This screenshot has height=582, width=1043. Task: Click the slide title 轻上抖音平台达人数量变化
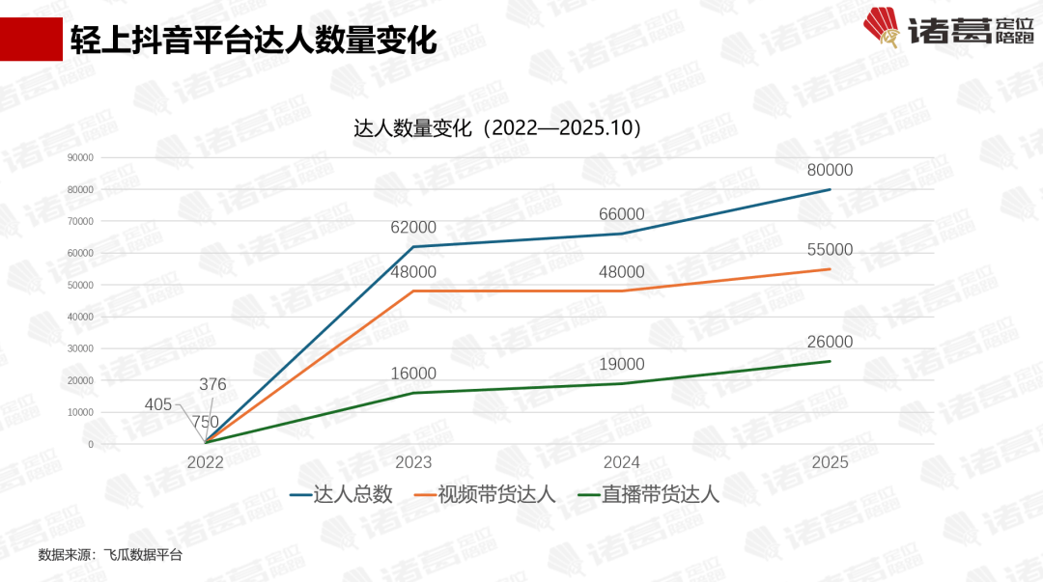[x=253, y=41]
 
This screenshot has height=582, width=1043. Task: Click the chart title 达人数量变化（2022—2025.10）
[x=498, y=128]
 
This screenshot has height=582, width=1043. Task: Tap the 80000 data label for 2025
[x=830, y=170]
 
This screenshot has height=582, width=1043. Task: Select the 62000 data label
[x=413, y=228]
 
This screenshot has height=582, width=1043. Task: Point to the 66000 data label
[x=621, y=214]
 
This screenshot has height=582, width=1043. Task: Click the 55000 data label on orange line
[x=830, y=250]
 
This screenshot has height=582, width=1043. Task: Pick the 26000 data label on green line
[x=830, y=343]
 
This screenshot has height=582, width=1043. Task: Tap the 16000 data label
[x=413, y=374]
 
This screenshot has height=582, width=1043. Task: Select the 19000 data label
[x=621, y=365]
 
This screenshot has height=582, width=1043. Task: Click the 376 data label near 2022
[x=212, y=384]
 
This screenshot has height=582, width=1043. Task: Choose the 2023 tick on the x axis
[x=413, y=462]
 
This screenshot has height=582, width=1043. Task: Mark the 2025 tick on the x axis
[x=830, y=462]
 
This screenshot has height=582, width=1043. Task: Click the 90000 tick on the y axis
[x=80, y=157]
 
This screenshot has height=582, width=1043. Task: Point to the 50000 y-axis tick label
[x=80, y=285]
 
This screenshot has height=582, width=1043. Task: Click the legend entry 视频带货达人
[x=496, y=495]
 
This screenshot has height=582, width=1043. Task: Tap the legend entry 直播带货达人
[x=661, y=495]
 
